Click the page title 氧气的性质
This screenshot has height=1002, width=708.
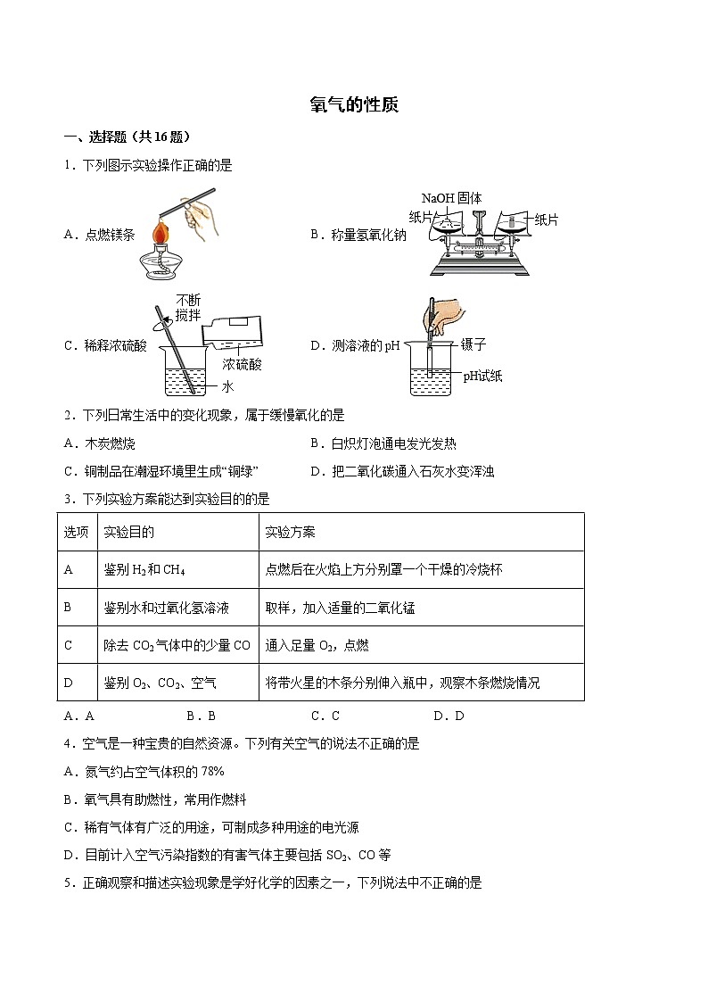point(353,104)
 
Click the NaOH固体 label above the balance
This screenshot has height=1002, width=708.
point(451,198)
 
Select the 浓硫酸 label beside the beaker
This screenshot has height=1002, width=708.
point(242,364)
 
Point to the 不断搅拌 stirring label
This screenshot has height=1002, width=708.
point(188,308)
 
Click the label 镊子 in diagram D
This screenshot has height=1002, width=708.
point(473,344)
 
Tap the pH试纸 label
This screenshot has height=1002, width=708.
point(482,376)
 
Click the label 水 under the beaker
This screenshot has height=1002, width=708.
point(227,386)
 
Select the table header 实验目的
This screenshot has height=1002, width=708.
point(128,532)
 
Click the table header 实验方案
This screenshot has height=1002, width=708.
point(290,532)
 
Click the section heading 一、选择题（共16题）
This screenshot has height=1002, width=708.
point(127,137)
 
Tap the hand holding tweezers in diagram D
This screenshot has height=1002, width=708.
point(446,313)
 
